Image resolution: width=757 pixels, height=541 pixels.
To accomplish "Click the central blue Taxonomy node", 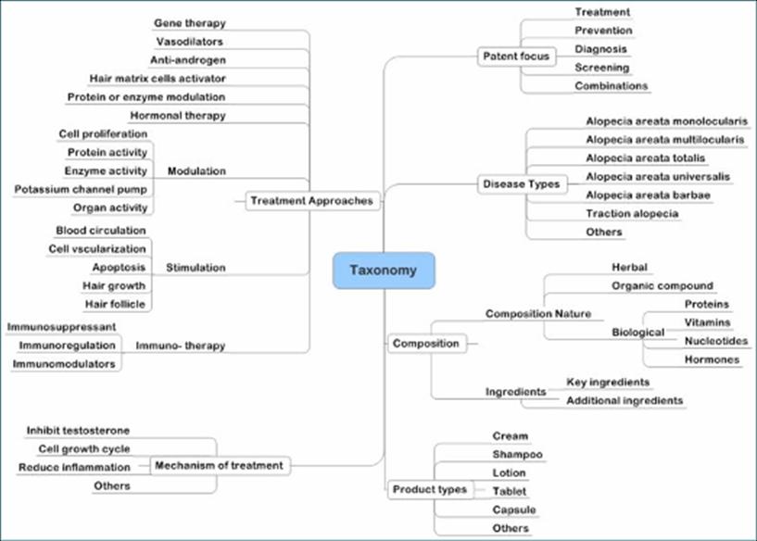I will (383, 270).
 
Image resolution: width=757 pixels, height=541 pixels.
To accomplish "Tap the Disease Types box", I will (522, 184).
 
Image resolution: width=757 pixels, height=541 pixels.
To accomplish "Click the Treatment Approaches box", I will (312, 201).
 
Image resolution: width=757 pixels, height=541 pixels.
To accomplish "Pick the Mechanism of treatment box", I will (220, 465).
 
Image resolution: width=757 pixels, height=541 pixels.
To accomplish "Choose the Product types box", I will (429, 489).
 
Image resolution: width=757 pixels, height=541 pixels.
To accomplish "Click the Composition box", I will (425, 344).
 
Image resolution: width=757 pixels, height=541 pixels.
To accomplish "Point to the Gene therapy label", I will (189, 22).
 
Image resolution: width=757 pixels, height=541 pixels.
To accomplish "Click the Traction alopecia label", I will (632, 214).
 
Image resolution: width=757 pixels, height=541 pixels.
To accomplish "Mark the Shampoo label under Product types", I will (517, 454).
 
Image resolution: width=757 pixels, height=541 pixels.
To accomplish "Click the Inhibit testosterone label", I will (78, 431).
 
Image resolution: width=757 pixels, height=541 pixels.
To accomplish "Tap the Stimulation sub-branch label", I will (195, 268).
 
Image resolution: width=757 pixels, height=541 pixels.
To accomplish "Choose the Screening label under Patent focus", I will (601, 68).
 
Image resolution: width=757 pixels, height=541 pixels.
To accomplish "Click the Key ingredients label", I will (608, 382).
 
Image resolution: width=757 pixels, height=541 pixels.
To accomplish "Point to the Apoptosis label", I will (119, 267).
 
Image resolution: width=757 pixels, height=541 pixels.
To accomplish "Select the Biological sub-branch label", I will (637, 332).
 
